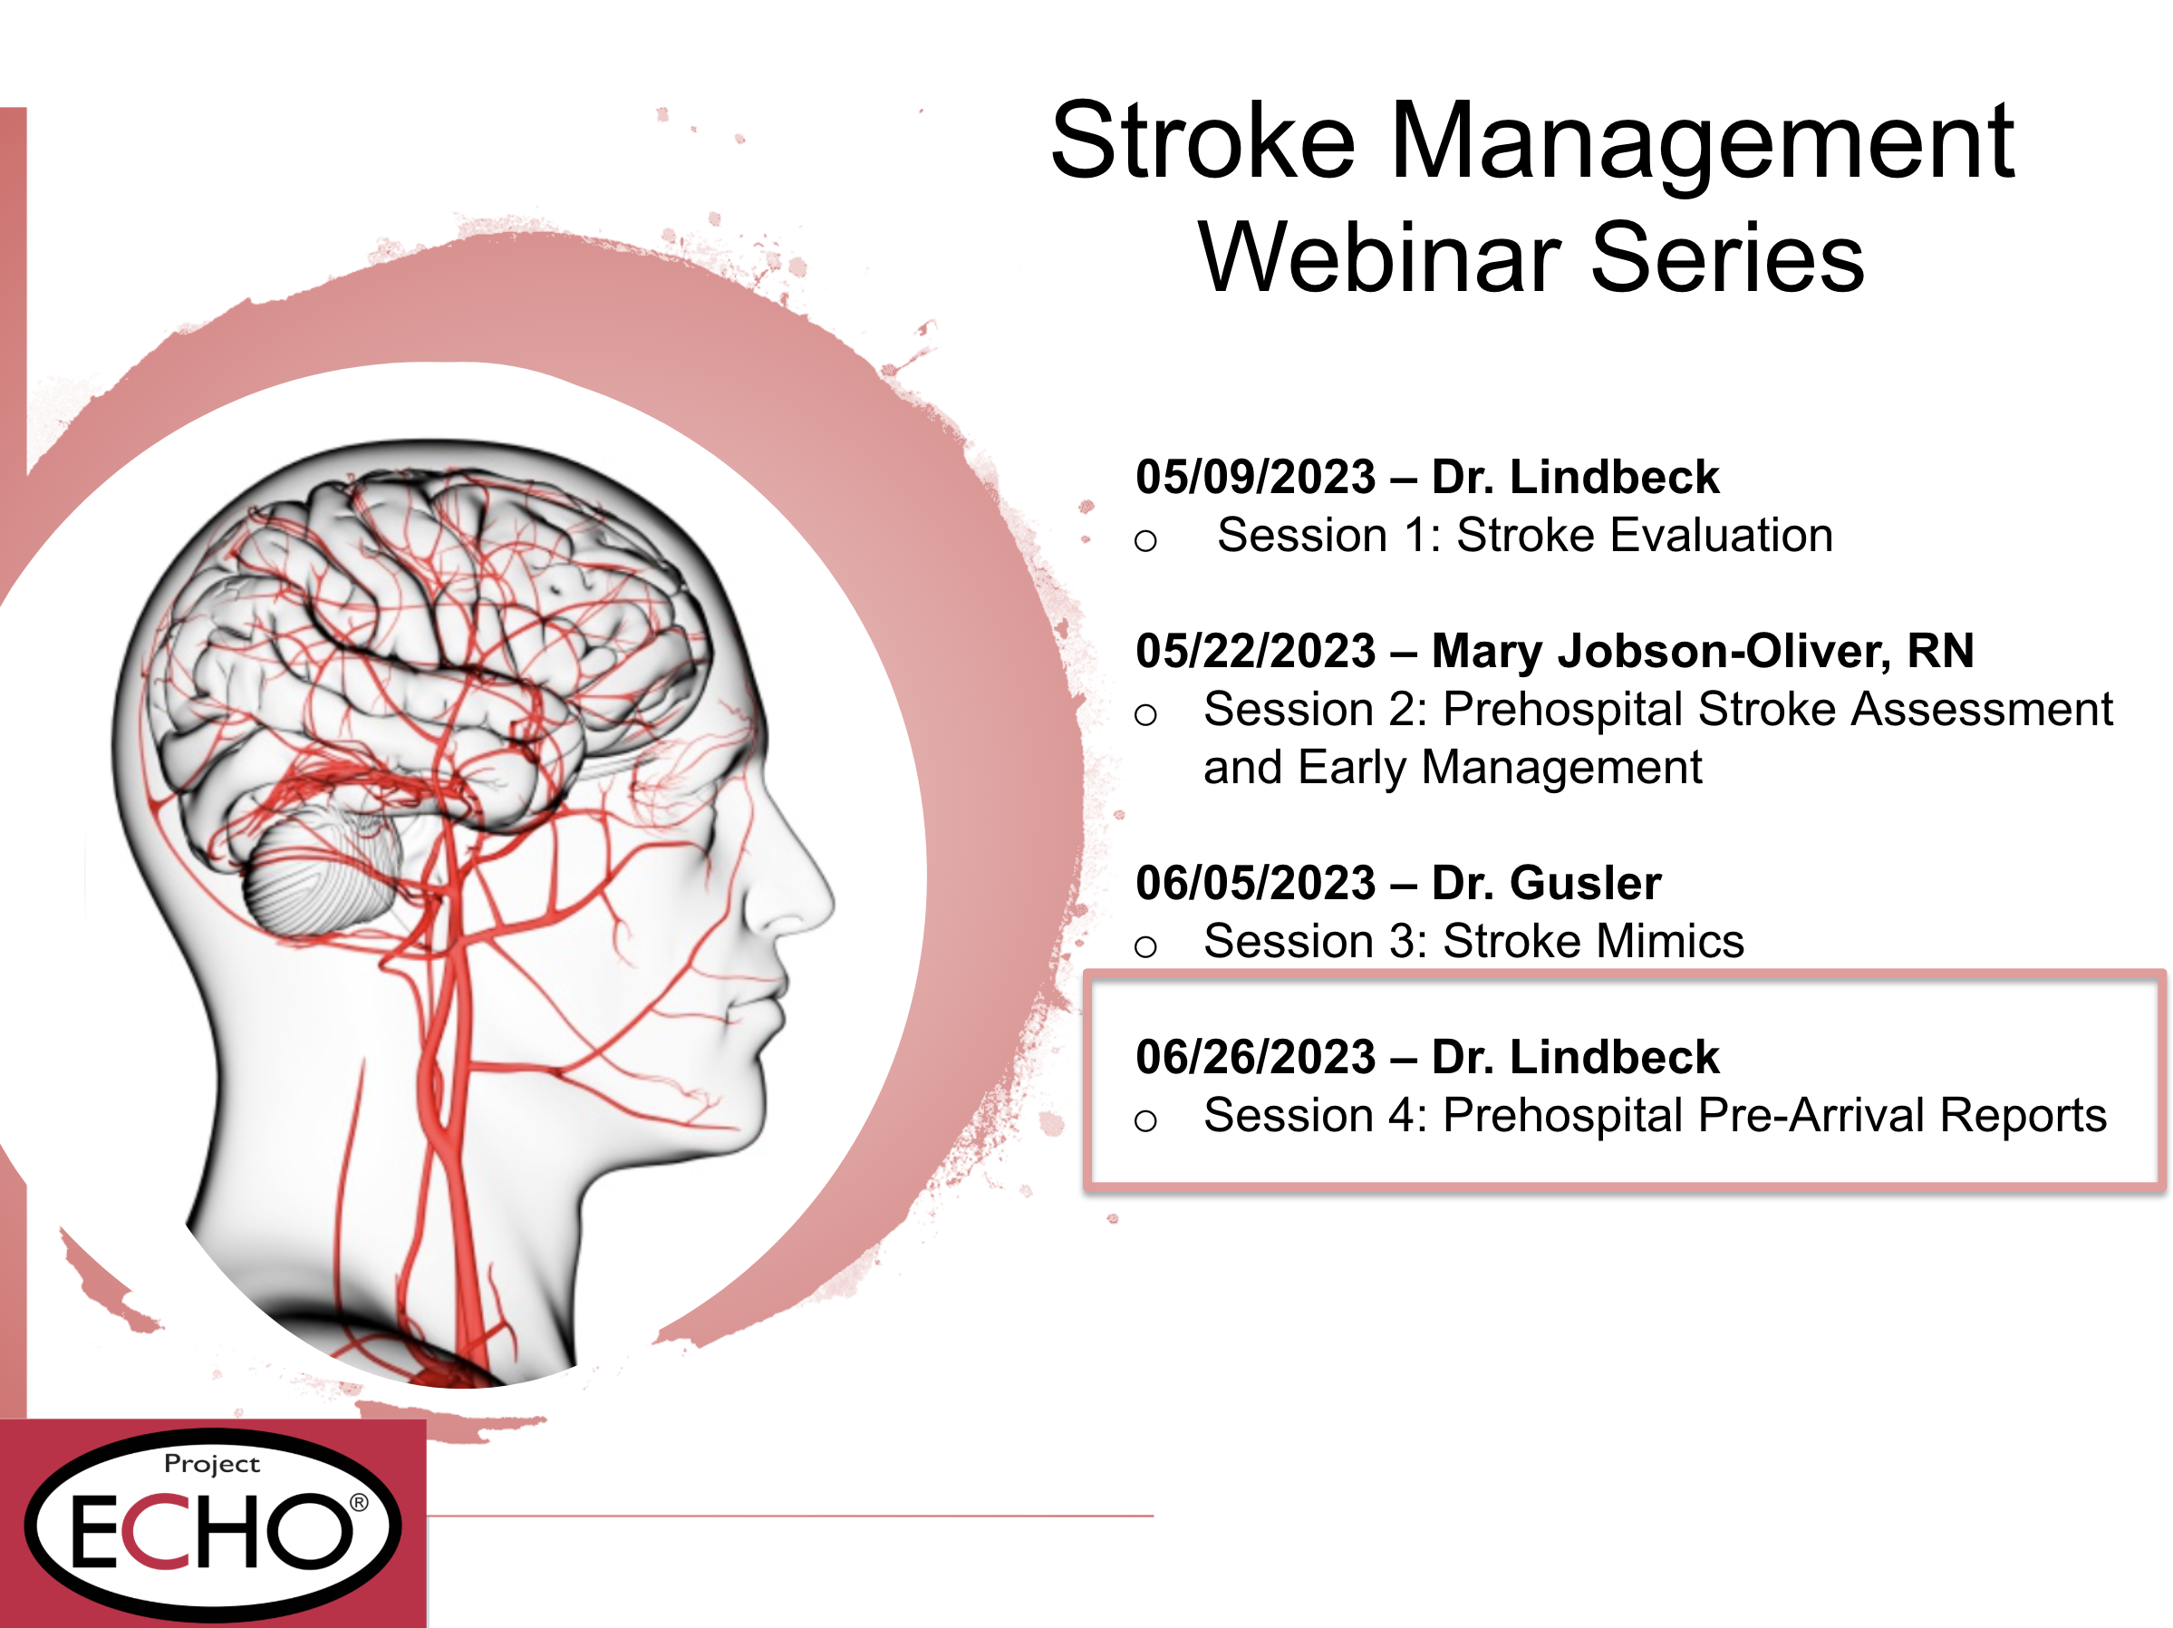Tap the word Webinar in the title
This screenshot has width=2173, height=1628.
click(1379, 257)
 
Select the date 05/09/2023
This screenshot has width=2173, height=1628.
click(1255, 477)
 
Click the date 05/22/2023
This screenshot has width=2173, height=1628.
click(1255, 651)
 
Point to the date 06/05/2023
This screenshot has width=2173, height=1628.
click(1255, 882)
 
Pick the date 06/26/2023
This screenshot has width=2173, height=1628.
click(1255, 1056)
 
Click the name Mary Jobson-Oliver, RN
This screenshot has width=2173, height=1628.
click(1703, 652)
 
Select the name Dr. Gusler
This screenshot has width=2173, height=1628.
click(1546, 882)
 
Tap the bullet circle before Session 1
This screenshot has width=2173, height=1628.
click(1145, 540)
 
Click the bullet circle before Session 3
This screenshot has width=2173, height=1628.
click(1145, 946)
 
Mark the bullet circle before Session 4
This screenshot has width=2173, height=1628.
click(1145, 1120)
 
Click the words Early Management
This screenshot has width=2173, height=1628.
click(1500, 768)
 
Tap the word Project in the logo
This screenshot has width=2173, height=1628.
click(212, 1465)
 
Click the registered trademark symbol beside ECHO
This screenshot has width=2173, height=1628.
click(360, 1502)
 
